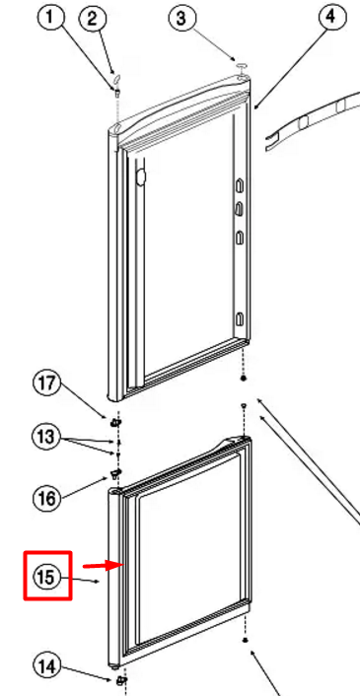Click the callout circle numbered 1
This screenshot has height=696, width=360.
[51, 19]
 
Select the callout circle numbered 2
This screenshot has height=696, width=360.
[92, 20]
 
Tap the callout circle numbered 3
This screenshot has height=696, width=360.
[181, 20]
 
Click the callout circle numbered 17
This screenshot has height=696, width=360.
[45, 383]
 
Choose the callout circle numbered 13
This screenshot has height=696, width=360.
[44, 438]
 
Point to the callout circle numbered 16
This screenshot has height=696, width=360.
[45, 498]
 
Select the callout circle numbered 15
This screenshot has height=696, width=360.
[47, 577]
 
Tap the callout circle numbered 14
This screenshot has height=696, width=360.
[47, 666]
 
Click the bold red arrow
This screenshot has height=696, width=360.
[103, 565]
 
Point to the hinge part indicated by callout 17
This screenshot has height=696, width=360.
[115, 422]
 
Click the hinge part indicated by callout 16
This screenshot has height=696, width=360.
[115, 474]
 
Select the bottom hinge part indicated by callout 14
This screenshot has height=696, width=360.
[121, 680]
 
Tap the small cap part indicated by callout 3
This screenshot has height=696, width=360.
[242, 66]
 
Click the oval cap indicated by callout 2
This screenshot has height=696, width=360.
[116, 79]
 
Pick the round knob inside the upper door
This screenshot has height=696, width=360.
[141, 177]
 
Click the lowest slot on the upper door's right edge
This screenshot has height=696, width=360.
[240, 319]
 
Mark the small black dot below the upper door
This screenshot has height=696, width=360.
[244, 379]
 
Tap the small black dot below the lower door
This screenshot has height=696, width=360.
[245, 640]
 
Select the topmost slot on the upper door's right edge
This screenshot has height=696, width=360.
[240, 185]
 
